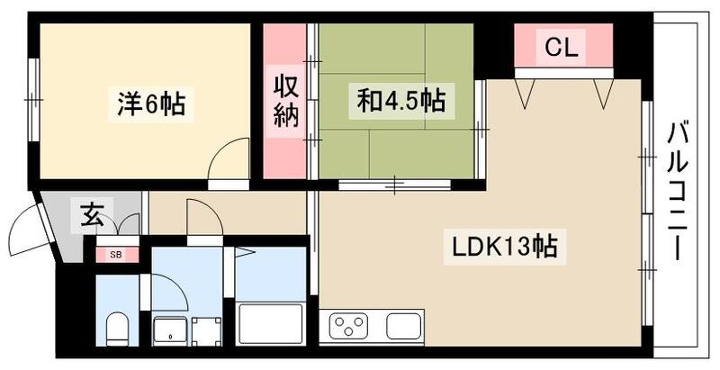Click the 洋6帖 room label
tap(151, 104)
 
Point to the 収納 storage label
tap(286, 104)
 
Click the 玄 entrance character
tap(93, 216)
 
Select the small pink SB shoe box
tap(117, 255)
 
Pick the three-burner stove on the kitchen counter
tap(350, 324)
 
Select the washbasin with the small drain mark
tap(168, 330)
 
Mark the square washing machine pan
tap(206, 330)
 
